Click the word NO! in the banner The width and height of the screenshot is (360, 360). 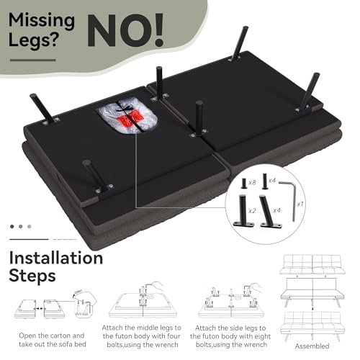point(125,30)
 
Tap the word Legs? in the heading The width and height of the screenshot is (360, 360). point(34,40)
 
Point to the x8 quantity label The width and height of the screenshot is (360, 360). point(252,183)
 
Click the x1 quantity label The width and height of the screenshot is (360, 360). point(300,204)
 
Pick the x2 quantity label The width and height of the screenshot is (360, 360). point(252,211)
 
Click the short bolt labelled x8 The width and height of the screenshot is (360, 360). point(244,184)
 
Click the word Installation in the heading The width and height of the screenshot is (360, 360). point(56,258)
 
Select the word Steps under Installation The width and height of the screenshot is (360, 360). point(32,276)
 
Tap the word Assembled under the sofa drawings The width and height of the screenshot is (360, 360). point(312,346)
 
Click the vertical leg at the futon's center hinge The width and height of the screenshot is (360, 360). point(199,117)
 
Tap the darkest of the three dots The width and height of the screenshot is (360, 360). point(12,226)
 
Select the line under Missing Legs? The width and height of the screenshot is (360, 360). point(32,60)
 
